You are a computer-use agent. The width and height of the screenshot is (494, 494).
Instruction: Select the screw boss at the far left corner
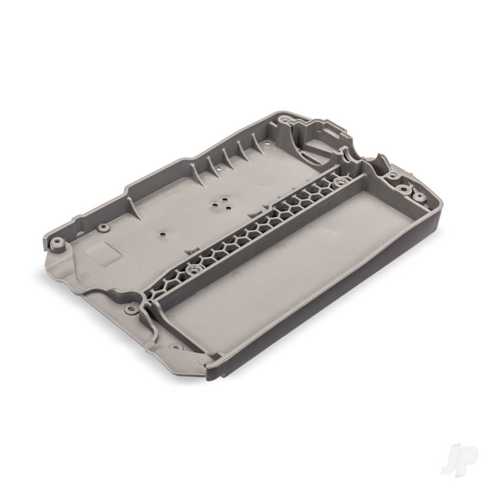tap(57, 242)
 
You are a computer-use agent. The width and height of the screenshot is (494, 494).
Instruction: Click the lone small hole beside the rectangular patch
tap(163, 235)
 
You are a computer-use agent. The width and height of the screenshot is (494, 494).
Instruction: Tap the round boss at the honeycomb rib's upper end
tap(339, 181)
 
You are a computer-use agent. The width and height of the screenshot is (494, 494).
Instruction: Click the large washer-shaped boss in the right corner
tap(402, 189)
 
